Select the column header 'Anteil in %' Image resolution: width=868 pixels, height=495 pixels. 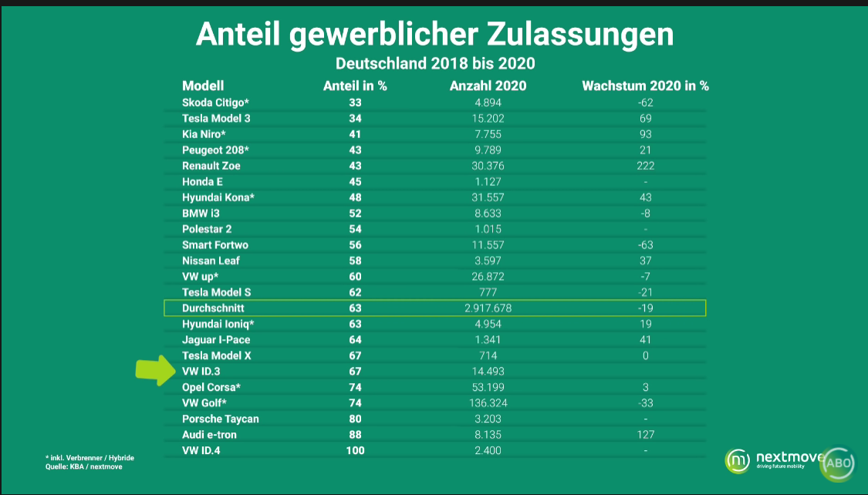click(354, 86)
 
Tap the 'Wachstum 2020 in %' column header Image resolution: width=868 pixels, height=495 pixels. click(645, 86)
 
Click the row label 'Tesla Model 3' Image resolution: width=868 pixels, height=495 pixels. click(216, 118)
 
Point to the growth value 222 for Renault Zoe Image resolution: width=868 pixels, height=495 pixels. click(645, 166)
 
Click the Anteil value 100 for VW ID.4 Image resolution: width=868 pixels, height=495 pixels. click(355, 450)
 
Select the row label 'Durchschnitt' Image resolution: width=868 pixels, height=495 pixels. click(213, 308)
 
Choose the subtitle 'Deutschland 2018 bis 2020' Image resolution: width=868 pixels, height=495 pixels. click(434, 62)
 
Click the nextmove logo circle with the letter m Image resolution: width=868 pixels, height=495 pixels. click(737, 460)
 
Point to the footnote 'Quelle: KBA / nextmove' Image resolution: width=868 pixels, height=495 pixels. click(83, 466)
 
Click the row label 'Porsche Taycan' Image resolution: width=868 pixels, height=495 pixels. click(221, 419)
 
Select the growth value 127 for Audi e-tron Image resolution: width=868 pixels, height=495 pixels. click(645, 434)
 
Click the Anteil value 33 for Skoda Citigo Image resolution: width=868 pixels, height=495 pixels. click(355, 103)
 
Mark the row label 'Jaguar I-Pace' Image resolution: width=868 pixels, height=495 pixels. click(216, 339)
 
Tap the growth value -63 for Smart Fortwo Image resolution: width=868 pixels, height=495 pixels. click(645, 244)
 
